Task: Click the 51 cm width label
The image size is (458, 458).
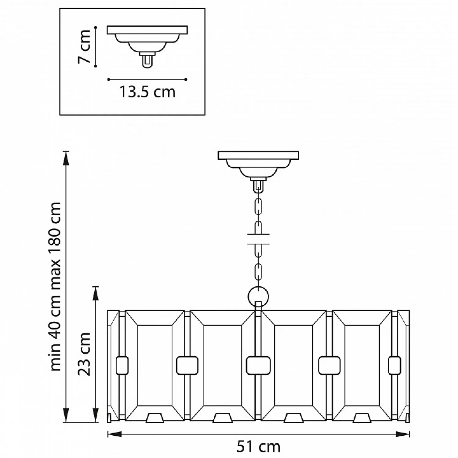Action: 258,447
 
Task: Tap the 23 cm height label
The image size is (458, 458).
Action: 84,354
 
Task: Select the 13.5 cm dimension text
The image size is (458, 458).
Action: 147,92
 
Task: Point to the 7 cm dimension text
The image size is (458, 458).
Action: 84,46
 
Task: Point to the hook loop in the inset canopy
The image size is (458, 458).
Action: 147,62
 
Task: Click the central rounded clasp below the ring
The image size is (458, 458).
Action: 258,365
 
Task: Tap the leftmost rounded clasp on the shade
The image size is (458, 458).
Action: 122,365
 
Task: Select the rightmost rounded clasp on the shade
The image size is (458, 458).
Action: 394,365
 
